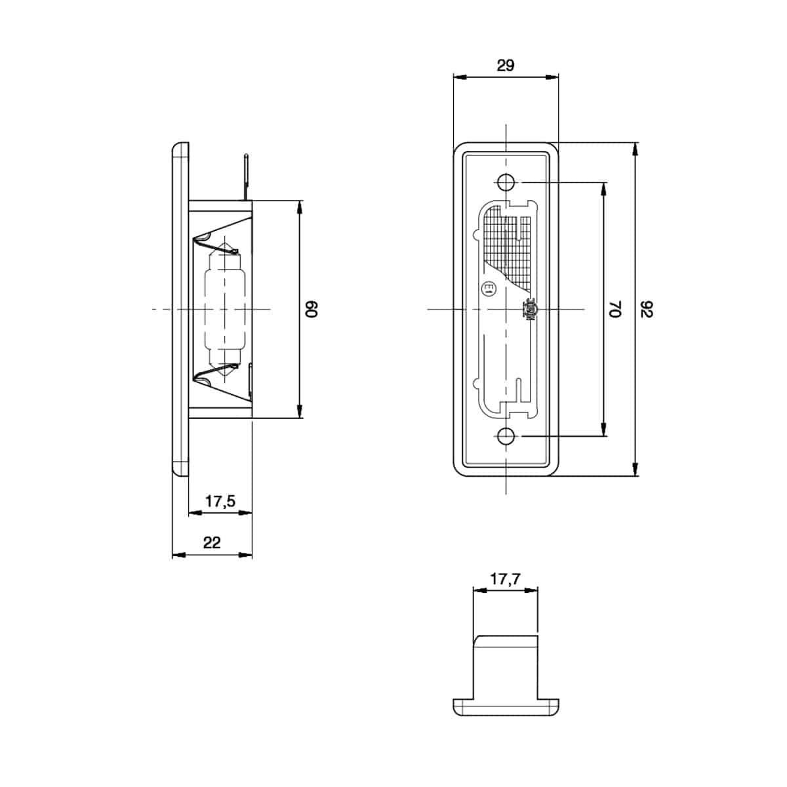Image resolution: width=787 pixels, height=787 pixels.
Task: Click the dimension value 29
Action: coord(506,65)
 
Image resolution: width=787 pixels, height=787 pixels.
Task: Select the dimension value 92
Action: coord(647,309)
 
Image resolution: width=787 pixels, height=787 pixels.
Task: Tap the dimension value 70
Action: coord(614,309)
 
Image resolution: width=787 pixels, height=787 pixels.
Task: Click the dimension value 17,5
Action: coord(220,502)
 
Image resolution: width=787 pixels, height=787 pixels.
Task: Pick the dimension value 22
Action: coord(212,542)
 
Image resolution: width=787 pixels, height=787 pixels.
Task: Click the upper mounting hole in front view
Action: coord(506,182)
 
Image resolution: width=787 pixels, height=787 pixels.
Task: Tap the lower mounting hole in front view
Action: coord(506,435)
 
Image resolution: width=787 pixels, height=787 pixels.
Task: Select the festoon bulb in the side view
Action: coord(224,308)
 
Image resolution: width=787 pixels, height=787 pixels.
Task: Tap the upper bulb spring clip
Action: coord(220,244)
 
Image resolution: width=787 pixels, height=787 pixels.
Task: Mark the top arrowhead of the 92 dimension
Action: coord(636,150)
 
